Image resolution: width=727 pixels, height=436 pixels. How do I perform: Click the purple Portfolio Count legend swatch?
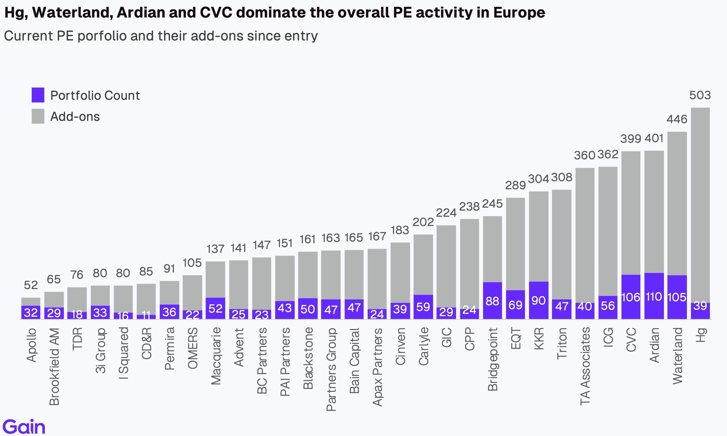point(38,95)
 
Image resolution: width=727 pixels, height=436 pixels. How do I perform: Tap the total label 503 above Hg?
point(700,95)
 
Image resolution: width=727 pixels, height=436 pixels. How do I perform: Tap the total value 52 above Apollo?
point(31,285)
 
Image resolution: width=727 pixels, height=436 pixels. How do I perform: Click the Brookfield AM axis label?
point(54,367)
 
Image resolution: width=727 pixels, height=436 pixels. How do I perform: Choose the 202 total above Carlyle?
point(423,222)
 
